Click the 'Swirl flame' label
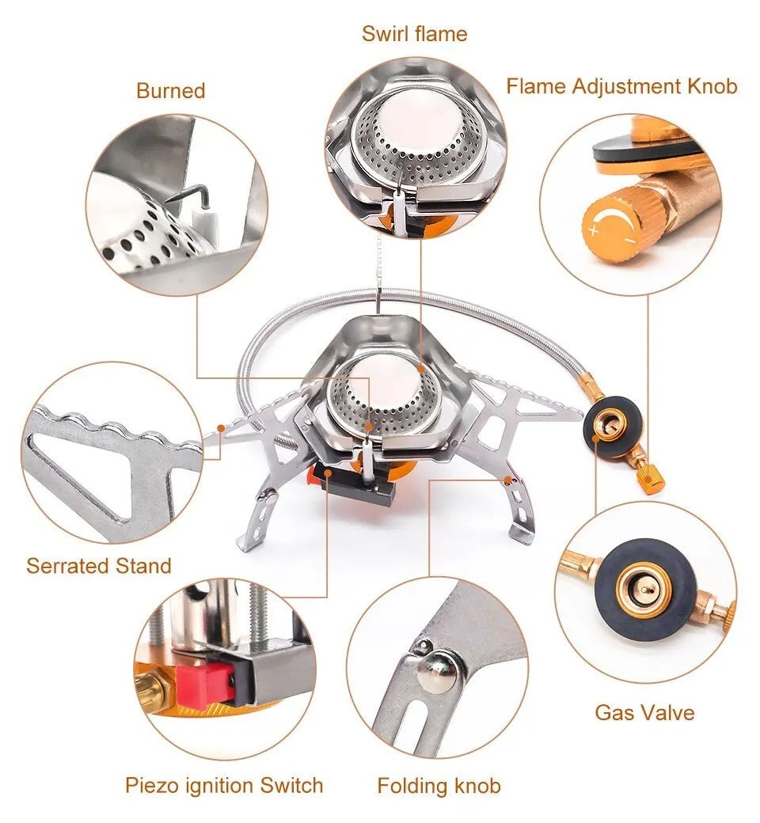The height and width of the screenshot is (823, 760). click(414, 34)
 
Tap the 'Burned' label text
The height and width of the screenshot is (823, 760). click(170, 91)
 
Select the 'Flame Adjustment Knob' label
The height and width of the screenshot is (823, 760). click(621, 86)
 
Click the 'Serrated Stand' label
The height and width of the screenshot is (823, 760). click(98, 566)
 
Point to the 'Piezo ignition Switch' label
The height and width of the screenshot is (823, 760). click(224, 785)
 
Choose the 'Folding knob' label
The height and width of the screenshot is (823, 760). click(439, 785)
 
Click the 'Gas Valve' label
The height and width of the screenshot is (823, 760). click(644, 712)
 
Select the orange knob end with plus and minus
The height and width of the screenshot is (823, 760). click(609, 226)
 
